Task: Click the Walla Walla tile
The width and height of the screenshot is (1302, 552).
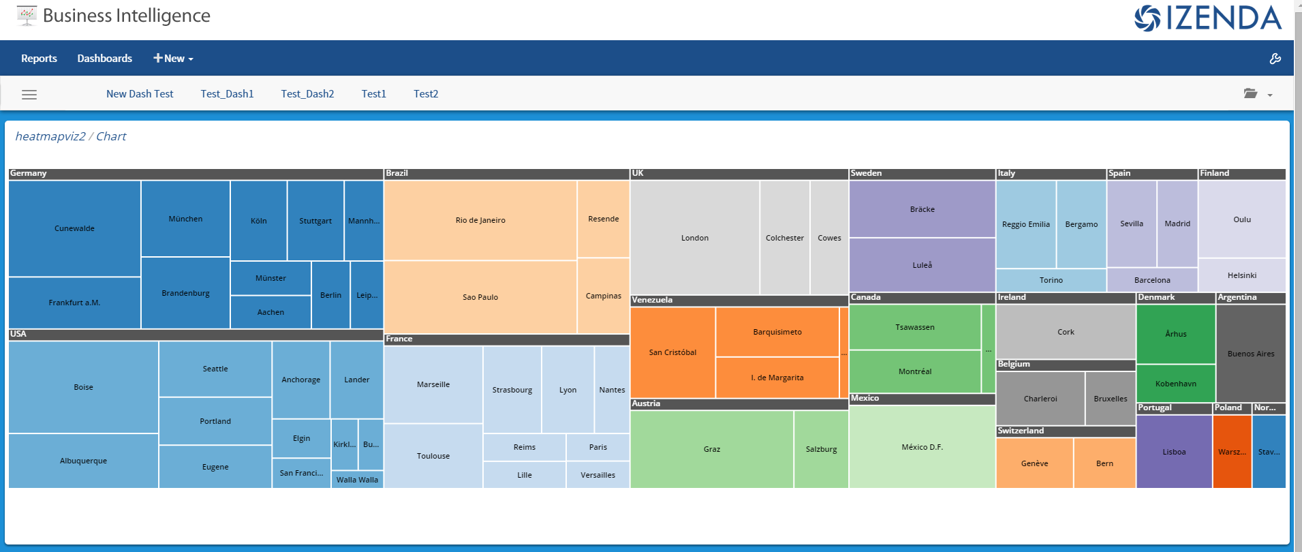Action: click(x=357, y=480)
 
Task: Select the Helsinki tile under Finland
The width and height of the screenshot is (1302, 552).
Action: click(x=1242, y=275)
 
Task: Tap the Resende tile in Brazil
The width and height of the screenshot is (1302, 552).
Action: click(x=603, y=219)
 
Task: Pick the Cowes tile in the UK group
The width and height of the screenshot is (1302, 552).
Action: click(x=829, y=238)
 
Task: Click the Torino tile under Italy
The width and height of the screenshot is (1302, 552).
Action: click(x=1051, y=280)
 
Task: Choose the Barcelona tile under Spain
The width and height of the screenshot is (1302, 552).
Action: click(x=1152, y=280)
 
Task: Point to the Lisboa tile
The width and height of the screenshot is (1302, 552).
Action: click(x=1174, y=452)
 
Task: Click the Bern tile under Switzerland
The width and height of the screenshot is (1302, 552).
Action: click(x=1104, y=463)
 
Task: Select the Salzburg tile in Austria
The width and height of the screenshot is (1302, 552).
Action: click(x=821, y=449)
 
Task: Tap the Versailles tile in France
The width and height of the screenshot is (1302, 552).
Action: click(x=598, y=475)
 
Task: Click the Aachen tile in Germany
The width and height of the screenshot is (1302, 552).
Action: click(x=270, y=312)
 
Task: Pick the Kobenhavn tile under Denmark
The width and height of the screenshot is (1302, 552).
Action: click(x=1175, y=384)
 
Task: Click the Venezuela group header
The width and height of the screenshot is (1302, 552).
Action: click(x=739, y=300)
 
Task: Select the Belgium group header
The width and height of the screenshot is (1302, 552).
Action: click(x=1066, y=365)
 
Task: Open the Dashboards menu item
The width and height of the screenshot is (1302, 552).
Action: click(x=105, y=59)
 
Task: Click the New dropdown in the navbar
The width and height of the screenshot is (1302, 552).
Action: click(x=173, y=59)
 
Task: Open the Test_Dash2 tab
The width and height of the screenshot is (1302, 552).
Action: click(x=307, y=94)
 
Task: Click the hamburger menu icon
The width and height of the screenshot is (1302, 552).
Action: click(x=29, y=95)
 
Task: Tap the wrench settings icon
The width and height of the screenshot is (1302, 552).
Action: click(x=1275, y=59)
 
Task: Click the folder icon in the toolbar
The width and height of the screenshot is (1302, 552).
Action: click(x=1251, y=93)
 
